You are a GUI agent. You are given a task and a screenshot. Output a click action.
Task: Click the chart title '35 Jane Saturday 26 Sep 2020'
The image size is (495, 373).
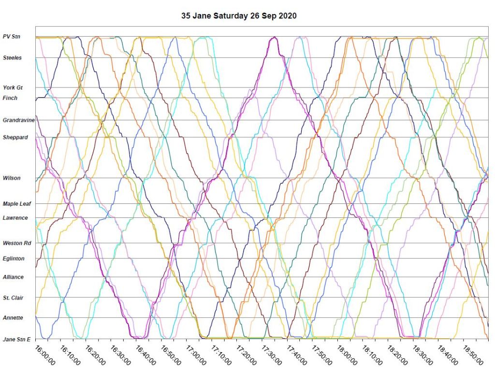[x=239, y=15]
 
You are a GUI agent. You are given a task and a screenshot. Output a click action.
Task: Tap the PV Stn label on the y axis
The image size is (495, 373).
[x=12, y=37]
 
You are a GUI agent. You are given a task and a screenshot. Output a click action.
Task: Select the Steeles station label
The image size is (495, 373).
[x=13, y=58]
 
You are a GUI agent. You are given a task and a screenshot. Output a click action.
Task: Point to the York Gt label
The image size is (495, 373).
[x=13, y=88]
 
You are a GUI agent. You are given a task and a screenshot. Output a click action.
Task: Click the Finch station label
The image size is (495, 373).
[x=10, y=98]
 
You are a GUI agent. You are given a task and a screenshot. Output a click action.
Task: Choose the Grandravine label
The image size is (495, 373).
[x=19, y=120]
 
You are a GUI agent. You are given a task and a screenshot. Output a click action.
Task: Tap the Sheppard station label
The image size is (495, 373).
[x=15, y=137]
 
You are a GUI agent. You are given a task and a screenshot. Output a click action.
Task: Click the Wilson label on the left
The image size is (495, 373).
[x=12, y=178]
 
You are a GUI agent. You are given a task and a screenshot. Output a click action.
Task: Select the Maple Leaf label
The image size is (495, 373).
[x=17, y=204]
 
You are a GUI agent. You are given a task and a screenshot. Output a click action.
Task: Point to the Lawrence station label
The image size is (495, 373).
[x=15, y=218]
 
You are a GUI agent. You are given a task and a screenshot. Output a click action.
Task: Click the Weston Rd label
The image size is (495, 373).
[x=17, y=243]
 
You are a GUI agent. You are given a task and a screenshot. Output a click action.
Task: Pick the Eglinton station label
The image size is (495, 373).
[x=14, y=258]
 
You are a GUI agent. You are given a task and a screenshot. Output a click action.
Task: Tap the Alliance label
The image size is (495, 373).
[x=14, y=277]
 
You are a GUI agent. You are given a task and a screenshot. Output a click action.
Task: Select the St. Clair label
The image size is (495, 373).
[x=14, y=298]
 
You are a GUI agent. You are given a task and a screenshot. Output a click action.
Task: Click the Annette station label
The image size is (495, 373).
[x=13, y=318]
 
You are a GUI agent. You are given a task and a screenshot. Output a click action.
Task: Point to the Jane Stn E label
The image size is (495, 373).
[x=16, y=339]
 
